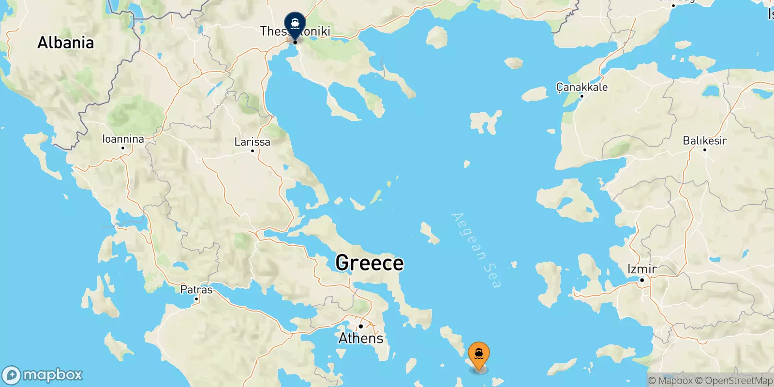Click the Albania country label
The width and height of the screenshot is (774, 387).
tap(66, 43)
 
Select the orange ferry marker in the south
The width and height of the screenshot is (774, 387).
tap(478, 355)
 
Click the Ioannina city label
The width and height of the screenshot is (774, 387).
tap(123, 139)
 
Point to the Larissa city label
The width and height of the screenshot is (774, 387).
tap(252, 142)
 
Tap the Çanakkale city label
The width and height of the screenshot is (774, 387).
tap(581, 87)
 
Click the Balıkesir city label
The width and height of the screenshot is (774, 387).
tap(704, 140)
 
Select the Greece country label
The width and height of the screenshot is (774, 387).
tap(370, 263)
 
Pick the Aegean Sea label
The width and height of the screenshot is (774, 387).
tap(476, 250)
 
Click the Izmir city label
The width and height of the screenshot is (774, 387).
tap(642, 269)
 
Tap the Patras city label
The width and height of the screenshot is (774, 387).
tap(196, 290)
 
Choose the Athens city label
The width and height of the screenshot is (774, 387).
tap(361, 338)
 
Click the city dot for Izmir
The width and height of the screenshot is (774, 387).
tap(642, 280)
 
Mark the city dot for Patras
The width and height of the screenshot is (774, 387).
tap(196, 299)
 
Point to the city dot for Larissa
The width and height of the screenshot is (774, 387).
tap(252, 151)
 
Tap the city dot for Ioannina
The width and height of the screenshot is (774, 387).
tap(123, 148)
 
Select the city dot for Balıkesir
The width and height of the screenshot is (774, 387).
tap(704, 150)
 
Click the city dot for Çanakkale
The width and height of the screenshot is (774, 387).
tap(581, 96)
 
